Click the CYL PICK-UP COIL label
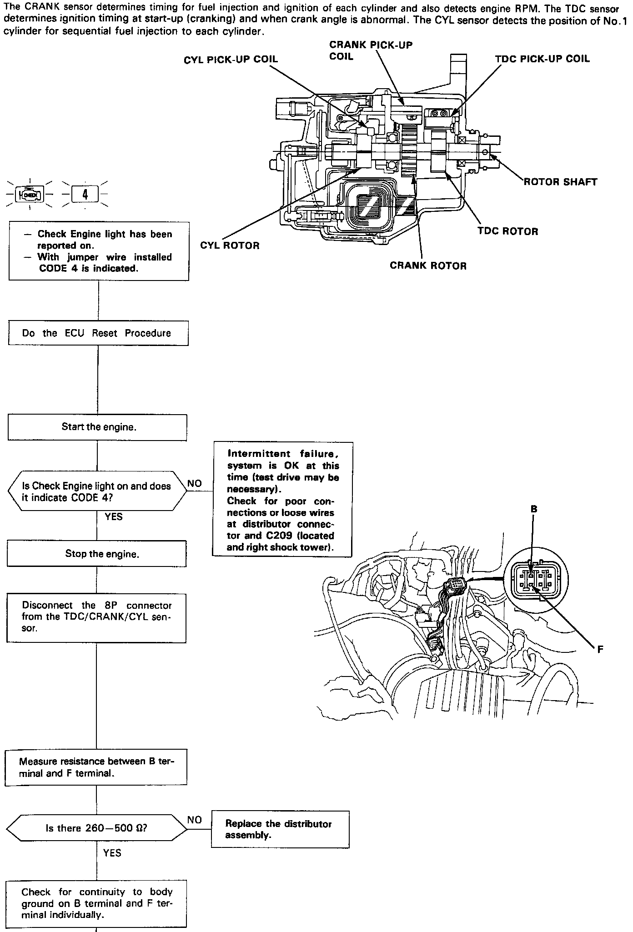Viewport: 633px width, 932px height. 231,60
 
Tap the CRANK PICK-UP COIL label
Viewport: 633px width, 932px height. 371,50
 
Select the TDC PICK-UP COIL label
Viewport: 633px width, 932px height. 542,59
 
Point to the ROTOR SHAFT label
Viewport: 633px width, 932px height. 560,182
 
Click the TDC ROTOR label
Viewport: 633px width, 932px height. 507,231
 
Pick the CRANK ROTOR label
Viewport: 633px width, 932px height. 428,266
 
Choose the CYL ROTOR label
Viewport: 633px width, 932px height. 230,246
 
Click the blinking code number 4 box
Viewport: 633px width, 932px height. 85,195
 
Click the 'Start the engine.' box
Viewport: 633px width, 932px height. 97,427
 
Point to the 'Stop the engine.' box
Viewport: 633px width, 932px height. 97,554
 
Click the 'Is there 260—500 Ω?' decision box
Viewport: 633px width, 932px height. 96,828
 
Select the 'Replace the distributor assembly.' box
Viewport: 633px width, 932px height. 280,829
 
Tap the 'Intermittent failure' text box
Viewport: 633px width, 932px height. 282,499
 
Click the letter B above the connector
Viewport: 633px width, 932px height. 534,509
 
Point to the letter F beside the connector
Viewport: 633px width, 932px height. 600,650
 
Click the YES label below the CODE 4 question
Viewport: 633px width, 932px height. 114,517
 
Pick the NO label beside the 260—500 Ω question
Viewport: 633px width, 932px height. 195,820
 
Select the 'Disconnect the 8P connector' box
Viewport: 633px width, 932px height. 96,617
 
